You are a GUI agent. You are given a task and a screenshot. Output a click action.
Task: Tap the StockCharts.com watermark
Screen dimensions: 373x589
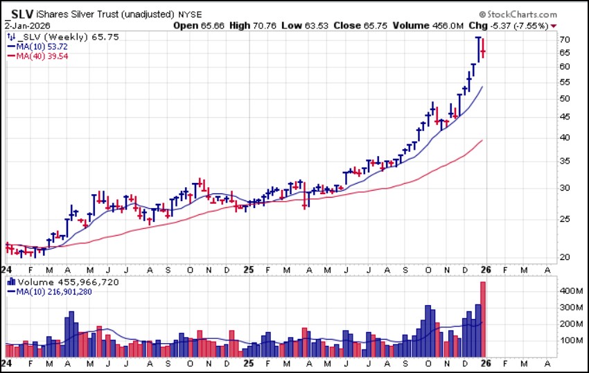[521, 14]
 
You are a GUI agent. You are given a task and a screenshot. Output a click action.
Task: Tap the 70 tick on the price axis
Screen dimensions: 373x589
[564, 40]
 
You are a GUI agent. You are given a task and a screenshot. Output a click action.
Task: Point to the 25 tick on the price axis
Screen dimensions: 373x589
[564, 219]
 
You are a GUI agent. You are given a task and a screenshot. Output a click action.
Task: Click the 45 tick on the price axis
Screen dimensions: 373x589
[564, 117]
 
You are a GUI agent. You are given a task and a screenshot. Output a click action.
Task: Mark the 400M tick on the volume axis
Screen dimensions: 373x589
[568, 290]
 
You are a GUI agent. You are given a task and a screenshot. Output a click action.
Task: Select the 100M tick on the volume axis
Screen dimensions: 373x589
[568, 340]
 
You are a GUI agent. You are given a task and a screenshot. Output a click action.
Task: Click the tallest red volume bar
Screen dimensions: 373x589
[483, 319]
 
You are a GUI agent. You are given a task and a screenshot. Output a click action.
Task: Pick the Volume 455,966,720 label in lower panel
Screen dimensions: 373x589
[59, 282]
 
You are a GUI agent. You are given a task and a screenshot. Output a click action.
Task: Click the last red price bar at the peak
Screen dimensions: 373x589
[483, 51]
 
